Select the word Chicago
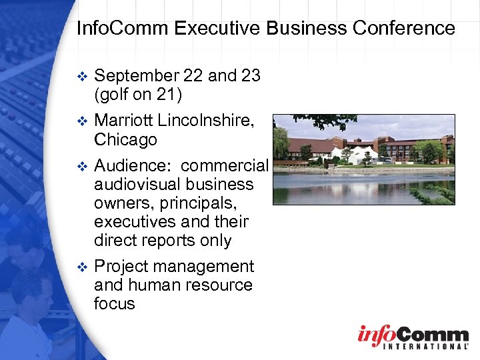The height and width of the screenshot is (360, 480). [125, 139]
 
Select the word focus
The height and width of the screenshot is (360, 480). [115, 304]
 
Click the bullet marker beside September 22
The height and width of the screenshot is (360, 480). [82, 77]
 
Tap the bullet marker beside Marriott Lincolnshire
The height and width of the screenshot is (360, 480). [82, 121]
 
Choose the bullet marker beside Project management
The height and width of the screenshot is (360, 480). [82, 267]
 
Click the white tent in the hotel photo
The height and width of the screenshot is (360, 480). [359, 155]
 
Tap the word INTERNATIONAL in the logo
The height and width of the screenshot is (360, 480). [413, 347]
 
